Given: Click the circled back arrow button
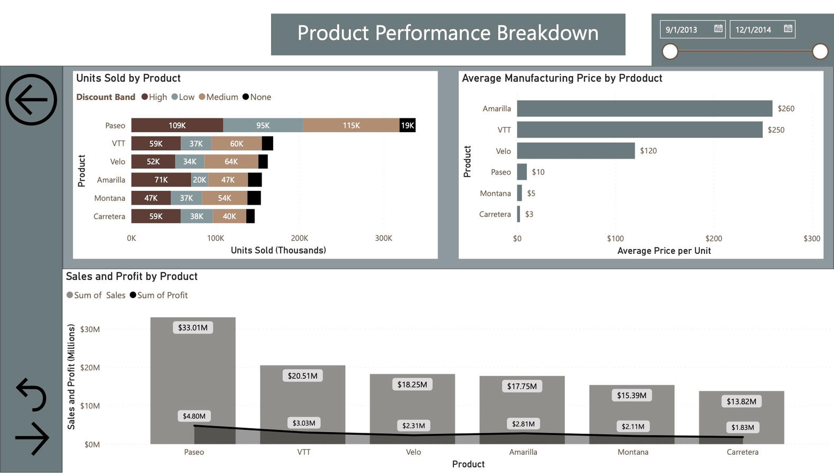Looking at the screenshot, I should click(31, 99).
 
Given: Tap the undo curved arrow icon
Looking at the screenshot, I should click(31, 395).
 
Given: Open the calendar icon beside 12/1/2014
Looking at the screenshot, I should click(787, 29).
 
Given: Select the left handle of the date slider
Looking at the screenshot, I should click(670, 51).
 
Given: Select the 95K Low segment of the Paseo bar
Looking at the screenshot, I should click(263, 125).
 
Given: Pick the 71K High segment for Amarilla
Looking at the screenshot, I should click(161, 180).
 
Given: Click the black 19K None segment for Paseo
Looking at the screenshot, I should click(407, 125).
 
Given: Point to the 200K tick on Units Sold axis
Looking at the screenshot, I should click(299, 238).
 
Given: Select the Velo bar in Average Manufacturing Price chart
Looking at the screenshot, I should click(575, 151).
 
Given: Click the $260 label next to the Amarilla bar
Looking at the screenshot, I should click(786, 108).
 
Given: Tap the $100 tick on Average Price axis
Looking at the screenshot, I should click(615, 239).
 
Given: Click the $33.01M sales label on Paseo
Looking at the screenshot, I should click(193, 327).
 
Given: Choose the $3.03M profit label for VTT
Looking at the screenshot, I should click(304, 423).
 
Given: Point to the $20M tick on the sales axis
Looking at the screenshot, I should click(90, 368).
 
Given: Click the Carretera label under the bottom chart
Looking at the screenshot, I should click(742, 452).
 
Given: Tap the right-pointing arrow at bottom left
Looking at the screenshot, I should click(32, 438).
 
